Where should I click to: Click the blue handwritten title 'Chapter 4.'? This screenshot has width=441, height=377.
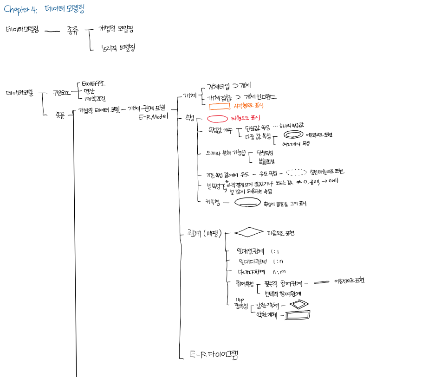click(x=19, y=10)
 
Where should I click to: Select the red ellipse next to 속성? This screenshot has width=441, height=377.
click(x=217, y=119)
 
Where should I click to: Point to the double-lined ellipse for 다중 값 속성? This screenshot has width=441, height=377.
click(x=294, y=134)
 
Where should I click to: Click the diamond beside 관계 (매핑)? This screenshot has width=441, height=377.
click(x=248, y=232)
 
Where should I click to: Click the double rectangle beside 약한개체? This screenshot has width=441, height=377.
click(x=298, y=315)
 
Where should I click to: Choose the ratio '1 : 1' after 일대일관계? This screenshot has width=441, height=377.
click(x=275, y=251)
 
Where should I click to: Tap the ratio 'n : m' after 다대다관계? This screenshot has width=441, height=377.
click(x=279, y=271)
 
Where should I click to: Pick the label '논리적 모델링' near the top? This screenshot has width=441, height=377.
click(x=118, y=48)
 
